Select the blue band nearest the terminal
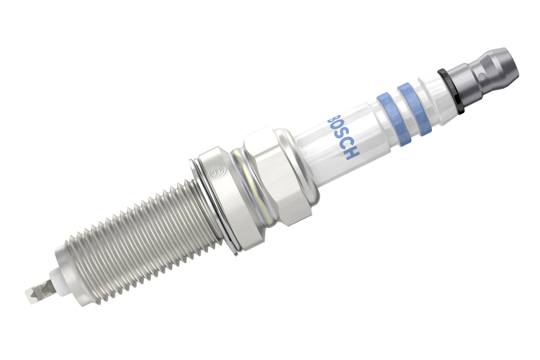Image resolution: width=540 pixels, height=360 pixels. click(x=414, y=109)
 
